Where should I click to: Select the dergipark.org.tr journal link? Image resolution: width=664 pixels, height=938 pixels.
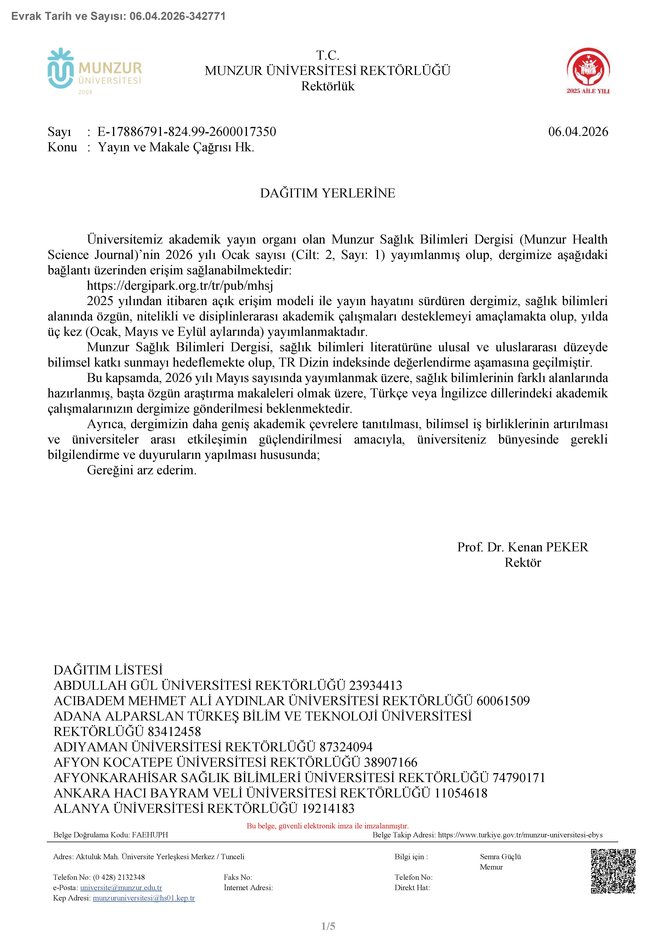pos(180,286)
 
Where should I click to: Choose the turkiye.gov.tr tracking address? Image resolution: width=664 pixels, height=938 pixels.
pos(520,835)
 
